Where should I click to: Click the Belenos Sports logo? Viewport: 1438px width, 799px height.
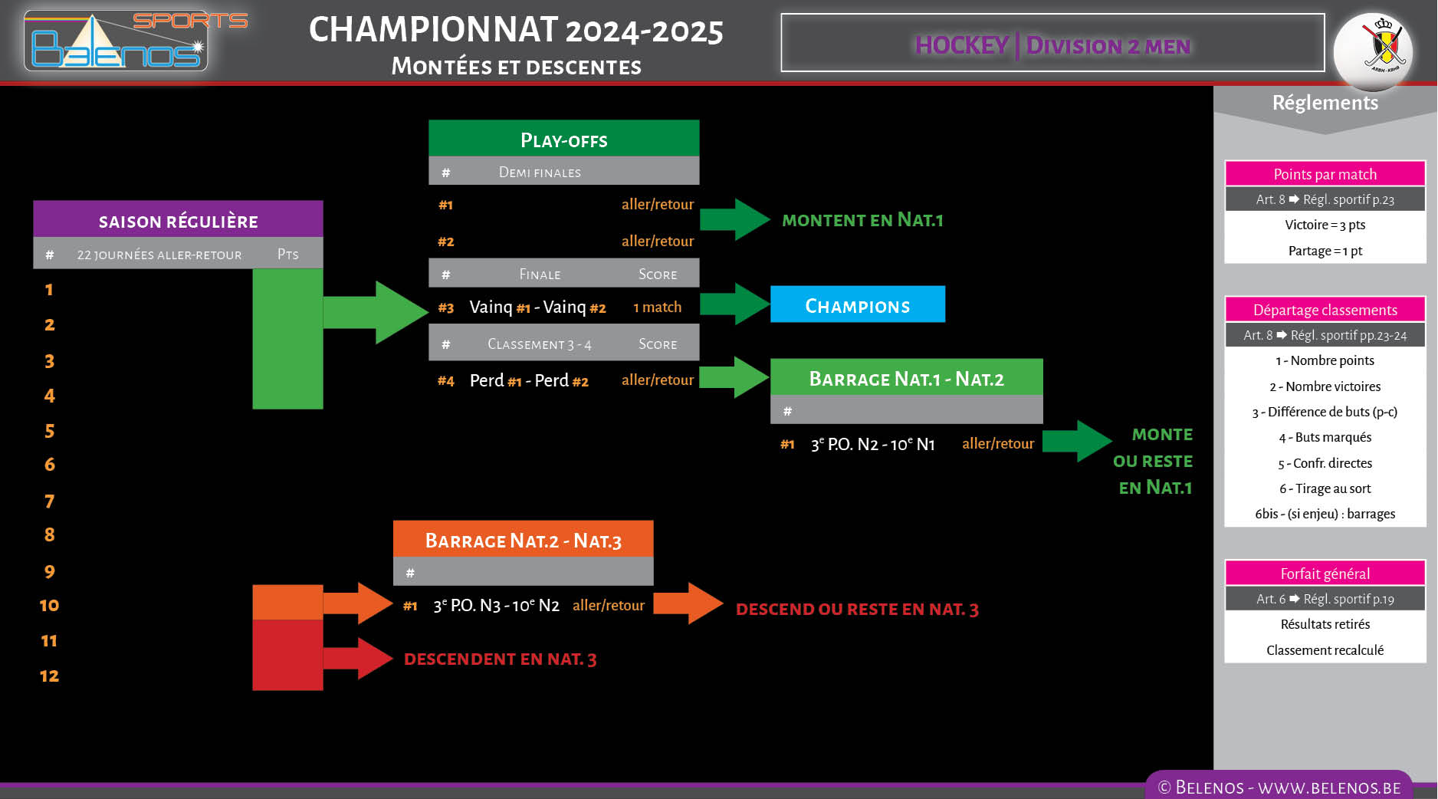[123, 42]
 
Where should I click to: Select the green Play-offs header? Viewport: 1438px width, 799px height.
[563, 140]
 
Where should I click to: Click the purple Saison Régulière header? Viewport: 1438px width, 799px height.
[178, 221]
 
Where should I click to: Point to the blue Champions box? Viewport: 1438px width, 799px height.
[857, 305]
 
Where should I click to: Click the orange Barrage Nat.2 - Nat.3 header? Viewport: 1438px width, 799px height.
[523, 540]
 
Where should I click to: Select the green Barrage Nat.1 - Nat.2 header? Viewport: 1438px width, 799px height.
[906, 378]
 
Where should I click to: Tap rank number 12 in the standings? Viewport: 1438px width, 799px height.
[49, 676]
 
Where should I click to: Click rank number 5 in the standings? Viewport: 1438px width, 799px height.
[49, 431]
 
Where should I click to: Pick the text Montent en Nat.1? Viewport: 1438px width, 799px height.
[862, 220]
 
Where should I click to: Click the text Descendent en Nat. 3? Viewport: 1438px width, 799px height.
[500, 659]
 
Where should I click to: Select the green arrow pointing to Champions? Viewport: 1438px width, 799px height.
[734, 304]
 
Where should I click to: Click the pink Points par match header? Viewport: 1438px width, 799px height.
[1325, 174]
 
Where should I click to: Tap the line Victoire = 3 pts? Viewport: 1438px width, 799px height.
[1325, 225]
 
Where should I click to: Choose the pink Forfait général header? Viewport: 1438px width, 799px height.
[1325, 574]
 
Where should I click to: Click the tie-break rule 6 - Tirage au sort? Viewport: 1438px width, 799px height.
[1325, 488]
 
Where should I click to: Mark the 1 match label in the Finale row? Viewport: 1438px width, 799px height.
[657, 307]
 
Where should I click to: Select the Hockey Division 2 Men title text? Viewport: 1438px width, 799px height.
[1052, 45]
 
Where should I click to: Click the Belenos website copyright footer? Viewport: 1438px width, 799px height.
[1279, 787]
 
